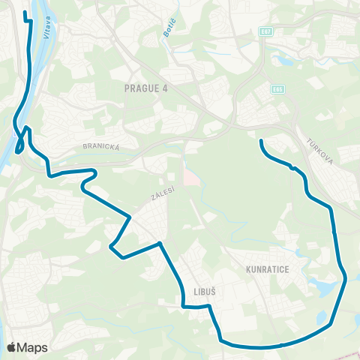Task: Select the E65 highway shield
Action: [278, 89]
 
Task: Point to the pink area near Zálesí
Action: [190, 177]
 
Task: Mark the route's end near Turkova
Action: [260, 141]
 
